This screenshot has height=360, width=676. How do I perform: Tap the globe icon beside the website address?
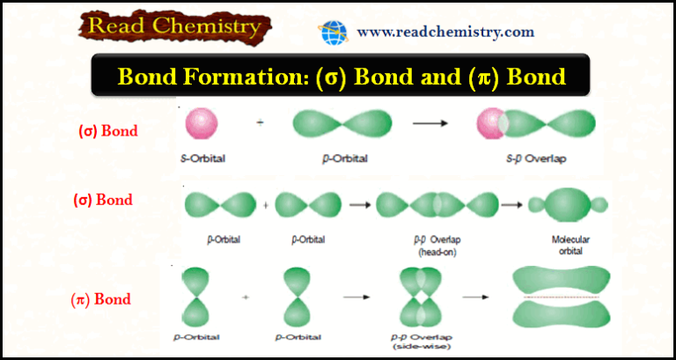[334, 33]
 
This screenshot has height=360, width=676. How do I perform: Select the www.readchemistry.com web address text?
[445, 33]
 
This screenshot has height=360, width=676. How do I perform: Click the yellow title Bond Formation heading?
[339, 77]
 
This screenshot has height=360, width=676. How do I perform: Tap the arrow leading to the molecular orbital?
[511, 205]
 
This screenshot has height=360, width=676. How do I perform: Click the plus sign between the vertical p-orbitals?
[246, 298]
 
